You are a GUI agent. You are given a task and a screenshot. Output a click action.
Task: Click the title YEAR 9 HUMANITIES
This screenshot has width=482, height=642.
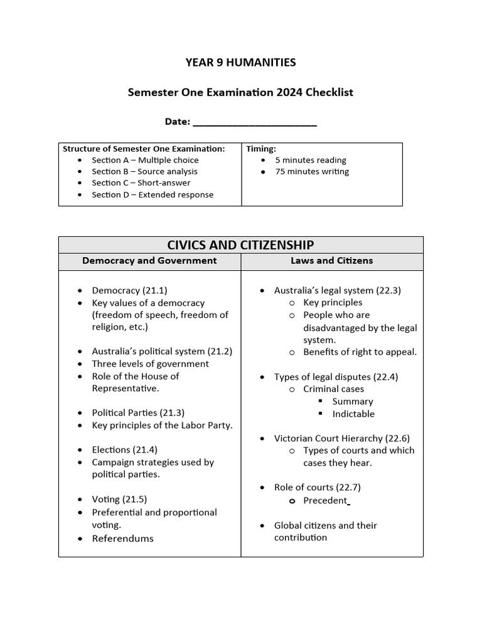click(x=240, y=62)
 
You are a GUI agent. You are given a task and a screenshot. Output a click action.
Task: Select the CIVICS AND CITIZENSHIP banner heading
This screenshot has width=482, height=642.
click(x=240, y=245)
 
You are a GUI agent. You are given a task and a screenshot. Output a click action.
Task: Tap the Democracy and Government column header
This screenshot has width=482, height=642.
click(x=149, y=261)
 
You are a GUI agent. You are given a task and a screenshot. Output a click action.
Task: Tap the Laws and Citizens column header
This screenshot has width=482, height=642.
click(x=331, y=261)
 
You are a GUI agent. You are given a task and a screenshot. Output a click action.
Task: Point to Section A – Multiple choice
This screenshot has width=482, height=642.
click(x=145, y=160)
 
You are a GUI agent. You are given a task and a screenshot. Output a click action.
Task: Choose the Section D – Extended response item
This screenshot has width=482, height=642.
click(x=153, y=194)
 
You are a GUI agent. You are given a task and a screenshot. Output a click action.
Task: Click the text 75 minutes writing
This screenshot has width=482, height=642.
click(x=312, y=171)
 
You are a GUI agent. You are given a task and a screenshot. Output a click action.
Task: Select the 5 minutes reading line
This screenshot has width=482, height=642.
click(x=311, y=160)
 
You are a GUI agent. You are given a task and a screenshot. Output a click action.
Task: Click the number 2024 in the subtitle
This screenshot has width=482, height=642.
click(x=289, y=92)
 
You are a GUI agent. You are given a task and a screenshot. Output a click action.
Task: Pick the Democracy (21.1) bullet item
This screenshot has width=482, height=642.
click(x=129, y=290)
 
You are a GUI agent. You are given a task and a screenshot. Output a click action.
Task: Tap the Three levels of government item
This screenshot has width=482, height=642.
click(x=150, y=364)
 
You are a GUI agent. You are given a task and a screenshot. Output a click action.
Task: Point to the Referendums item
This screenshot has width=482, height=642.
click(x=122, y=539)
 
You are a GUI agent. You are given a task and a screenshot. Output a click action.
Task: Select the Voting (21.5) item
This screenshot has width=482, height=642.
click(x=119, y=499)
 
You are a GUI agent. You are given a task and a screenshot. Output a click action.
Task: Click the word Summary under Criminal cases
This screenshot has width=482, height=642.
click(x=353, y=401)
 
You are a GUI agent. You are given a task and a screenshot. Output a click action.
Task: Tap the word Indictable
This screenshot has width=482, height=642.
click(x=353, y=414)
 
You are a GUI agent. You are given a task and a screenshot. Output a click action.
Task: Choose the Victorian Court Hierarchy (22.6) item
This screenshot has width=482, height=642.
click(x=341, y=438)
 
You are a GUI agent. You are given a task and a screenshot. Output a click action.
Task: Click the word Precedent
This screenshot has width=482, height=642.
click(x=325, y=500)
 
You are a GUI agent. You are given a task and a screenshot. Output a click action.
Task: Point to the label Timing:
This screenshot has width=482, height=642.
click(x=261, y=149)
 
